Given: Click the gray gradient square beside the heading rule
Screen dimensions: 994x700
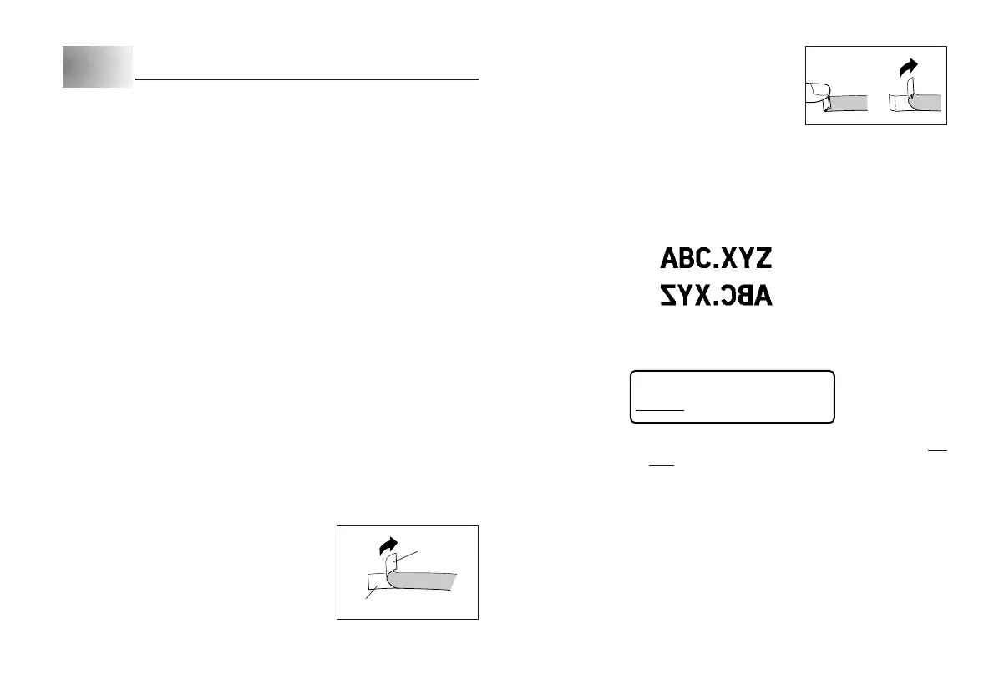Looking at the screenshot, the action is [x=98, y=67].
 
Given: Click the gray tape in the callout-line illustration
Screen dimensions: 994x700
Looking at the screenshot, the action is [x=426, y=580].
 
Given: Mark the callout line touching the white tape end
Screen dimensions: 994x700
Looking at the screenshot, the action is [x=366, y=594].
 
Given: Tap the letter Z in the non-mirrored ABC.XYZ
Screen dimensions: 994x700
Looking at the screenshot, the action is [x=761, y=258].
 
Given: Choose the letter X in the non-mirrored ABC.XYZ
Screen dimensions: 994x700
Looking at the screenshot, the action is [x=727, y=258].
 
